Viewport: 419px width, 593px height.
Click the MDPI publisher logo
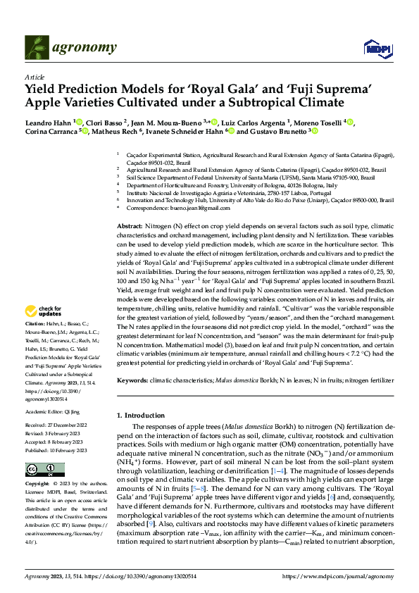(374, 48)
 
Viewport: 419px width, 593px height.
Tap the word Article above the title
(34, 77)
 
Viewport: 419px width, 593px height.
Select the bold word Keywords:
(132, 380)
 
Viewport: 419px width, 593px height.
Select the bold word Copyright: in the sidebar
(37, 485)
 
